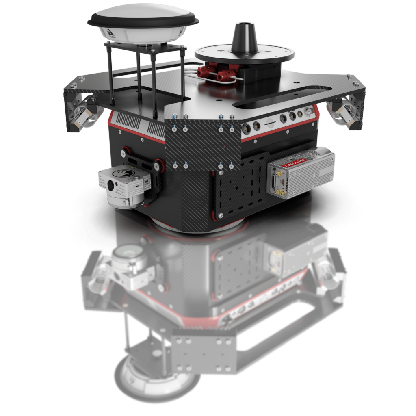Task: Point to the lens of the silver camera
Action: [111, 185]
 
